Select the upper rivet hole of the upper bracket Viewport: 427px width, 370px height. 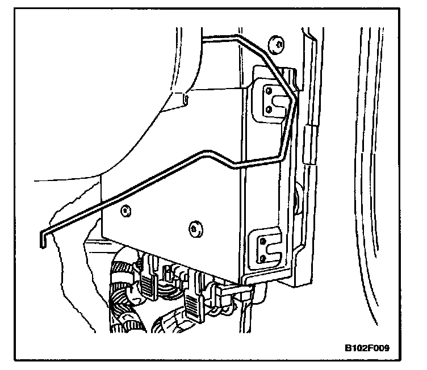[267, 91]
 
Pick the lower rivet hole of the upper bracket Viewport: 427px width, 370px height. [267, 110]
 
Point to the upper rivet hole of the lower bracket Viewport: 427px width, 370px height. [262, 241]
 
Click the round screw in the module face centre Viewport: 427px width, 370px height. [195, 228]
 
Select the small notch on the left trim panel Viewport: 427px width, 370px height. [186, 100]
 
